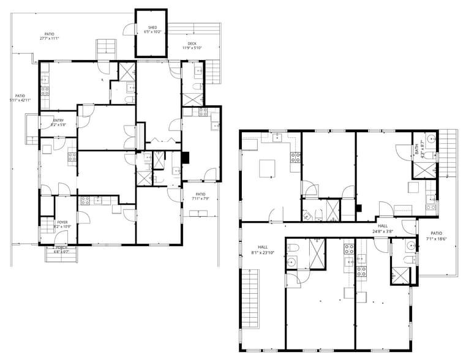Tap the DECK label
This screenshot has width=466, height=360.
coord(192,43)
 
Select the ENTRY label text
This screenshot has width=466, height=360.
coord(58,121)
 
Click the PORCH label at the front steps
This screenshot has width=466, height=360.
coord(61,248)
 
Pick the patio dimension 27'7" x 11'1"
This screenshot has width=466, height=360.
coord(49,39)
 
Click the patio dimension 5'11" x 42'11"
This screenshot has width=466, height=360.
coord(20,101)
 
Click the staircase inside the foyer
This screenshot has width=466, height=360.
coord(44,229)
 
